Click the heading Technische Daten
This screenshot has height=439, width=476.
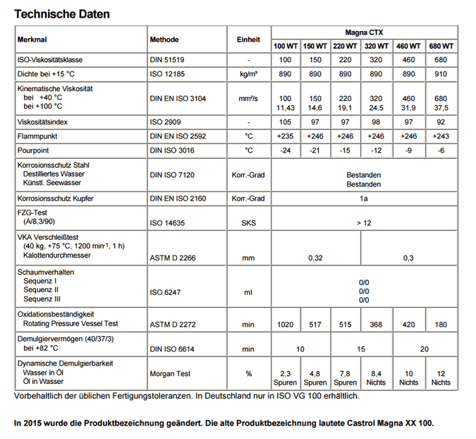click(62, 13)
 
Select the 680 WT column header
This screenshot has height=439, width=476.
click(441, 46)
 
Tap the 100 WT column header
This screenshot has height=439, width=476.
click(286, 46)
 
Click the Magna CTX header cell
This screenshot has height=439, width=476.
click(364, 32)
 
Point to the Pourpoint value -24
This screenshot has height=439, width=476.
click(286, 150)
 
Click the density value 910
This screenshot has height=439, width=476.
click(441, 73)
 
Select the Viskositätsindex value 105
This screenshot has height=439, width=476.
click(286, 121)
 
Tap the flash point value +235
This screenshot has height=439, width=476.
click(286, 136)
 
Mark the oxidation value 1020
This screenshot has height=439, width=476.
click(286, 323)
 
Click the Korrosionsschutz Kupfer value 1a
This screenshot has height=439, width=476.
click(364, 199)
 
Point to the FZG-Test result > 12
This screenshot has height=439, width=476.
click(364, 223)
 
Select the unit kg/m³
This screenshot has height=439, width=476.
click(248, 73)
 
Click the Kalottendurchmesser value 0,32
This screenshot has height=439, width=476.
click(316, 258)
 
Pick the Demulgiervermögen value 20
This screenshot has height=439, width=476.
click(424, 349)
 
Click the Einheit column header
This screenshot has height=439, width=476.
click(248, 40)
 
